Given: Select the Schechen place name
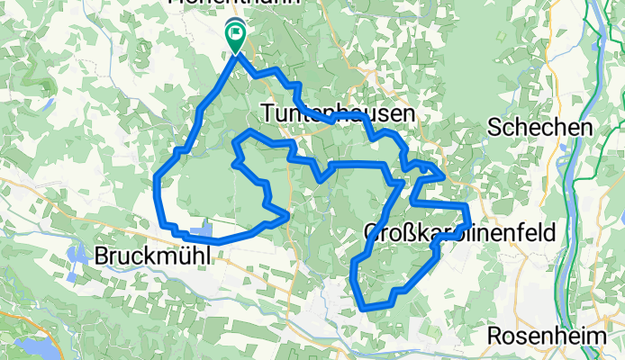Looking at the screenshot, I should (539, 128).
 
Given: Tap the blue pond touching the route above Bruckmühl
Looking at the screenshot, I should (203, 233).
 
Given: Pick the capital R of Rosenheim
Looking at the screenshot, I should (495, 337).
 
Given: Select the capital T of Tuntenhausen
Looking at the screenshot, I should (267, 113).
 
